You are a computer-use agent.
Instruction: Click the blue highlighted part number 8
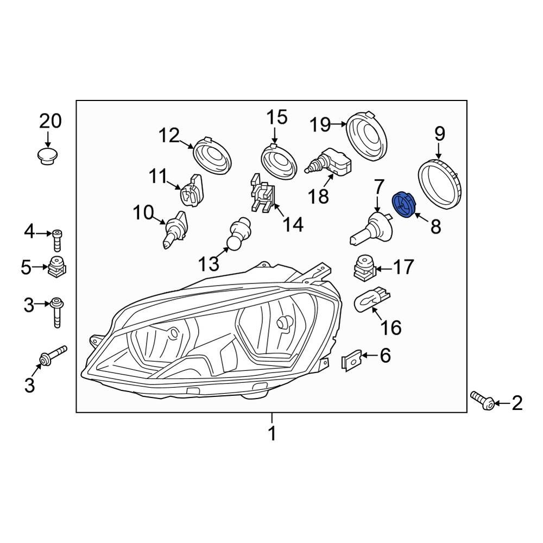(403, 205)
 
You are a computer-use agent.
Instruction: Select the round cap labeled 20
(47, 156)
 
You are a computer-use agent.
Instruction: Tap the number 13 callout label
(209, 264)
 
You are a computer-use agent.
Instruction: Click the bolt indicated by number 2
(482, 401)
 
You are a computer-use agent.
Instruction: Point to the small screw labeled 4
(57, 240)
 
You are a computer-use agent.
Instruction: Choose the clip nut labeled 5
(57, 267)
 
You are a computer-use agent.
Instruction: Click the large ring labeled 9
(440, 184)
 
